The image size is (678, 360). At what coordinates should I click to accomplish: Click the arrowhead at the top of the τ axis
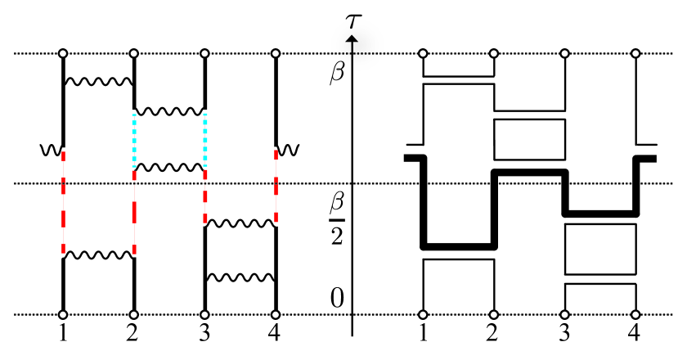352,38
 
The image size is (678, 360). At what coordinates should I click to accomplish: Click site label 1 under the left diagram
62,333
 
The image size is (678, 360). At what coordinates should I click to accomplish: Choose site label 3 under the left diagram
204,333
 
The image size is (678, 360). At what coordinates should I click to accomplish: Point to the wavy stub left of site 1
49,150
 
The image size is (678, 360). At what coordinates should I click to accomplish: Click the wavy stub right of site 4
289,150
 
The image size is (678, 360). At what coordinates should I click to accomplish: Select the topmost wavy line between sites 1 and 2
98,81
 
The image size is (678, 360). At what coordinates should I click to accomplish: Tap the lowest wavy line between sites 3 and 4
240,277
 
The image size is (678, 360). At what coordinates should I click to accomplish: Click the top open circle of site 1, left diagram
62,54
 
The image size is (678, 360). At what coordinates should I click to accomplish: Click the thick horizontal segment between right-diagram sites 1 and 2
459,245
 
